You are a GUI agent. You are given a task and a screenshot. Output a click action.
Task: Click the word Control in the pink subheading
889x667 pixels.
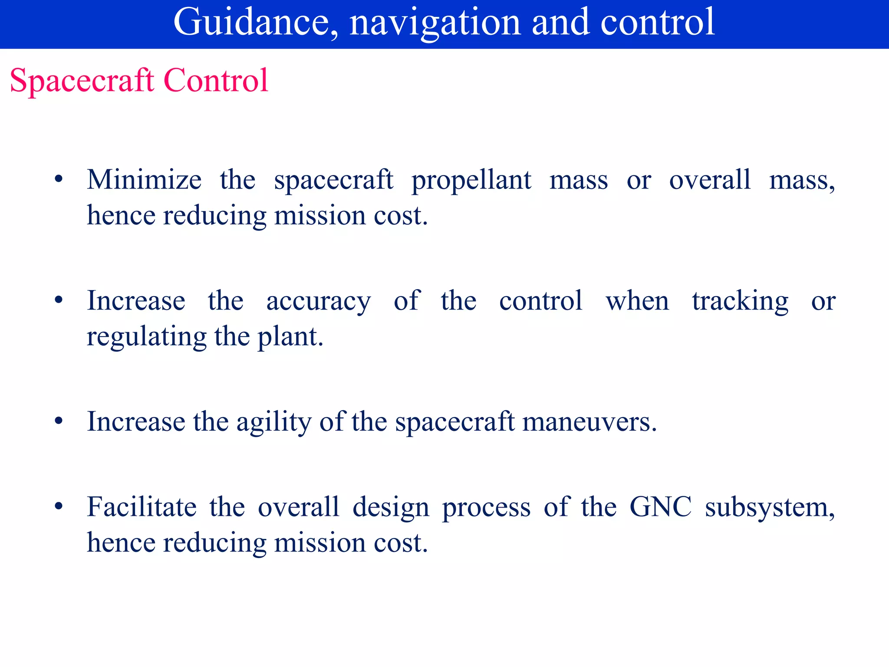216,81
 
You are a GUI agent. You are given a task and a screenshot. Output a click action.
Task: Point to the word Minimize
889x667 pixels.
144,180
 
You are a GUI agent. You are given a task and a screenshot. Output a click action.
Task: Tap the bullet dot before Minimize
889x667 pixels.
59,179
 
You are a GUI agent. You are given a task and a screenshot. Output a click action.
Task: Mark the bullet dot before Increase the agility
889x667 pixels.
59,421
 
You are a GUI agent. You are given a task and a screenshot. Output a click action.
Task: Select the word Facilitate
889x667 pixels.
142,507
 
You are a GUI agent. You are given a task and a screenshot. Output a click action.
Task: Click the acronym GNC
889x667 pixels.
660,507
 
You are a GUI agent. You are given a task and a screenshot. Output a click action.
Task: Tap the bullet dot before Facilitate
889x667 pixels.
59,506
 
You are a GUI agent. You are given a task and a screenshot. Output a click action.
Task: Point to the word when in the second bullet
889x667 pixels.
637,300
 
